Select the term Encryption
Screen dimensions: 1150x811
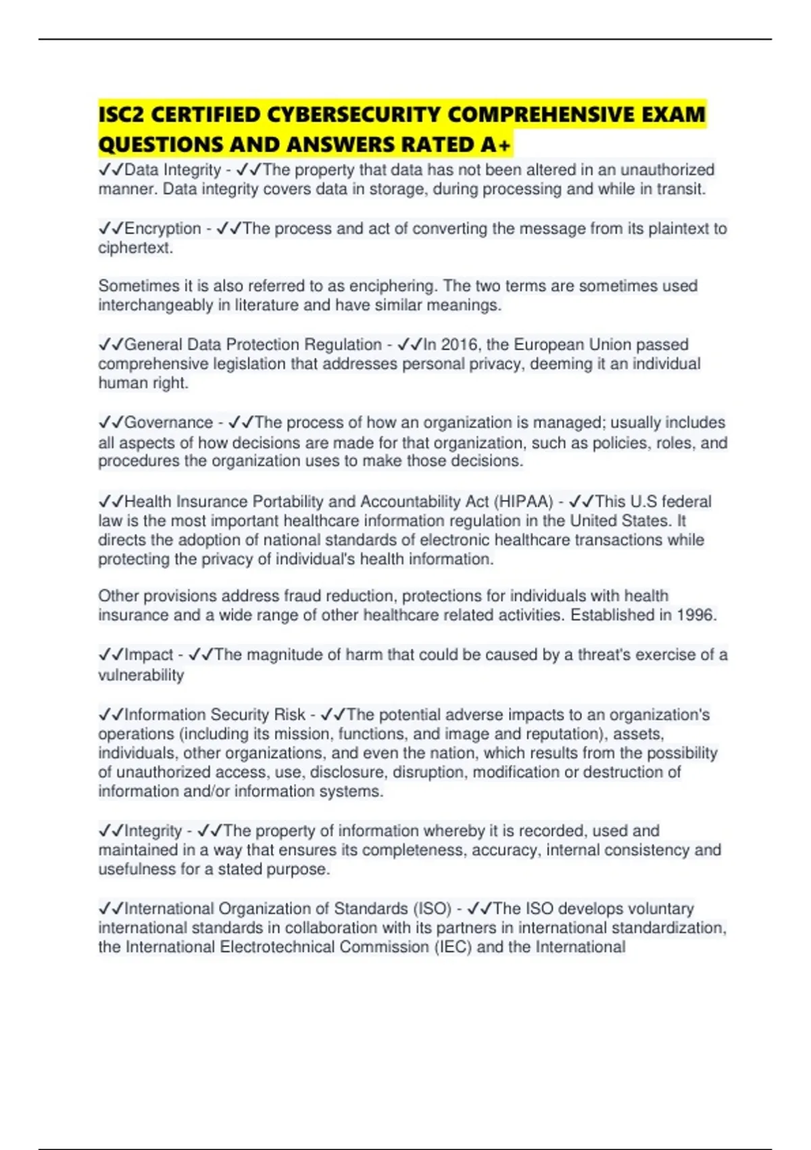point(163,229)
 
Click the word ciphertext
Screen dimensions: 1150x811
point(134,248)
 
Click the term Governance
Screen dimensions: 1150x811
point(168,423)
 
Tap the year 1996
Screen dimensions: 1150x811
point(694,615)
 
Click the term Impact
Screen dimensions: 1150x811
point(149,655)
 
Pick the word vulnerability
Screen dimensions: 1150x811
point(141,674)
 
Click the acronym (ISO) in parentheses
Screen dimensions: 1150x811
point(432,908)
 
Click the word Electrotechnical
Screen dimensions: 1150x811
point(276,946)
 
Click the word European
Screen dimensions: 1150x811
point(549,344)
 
